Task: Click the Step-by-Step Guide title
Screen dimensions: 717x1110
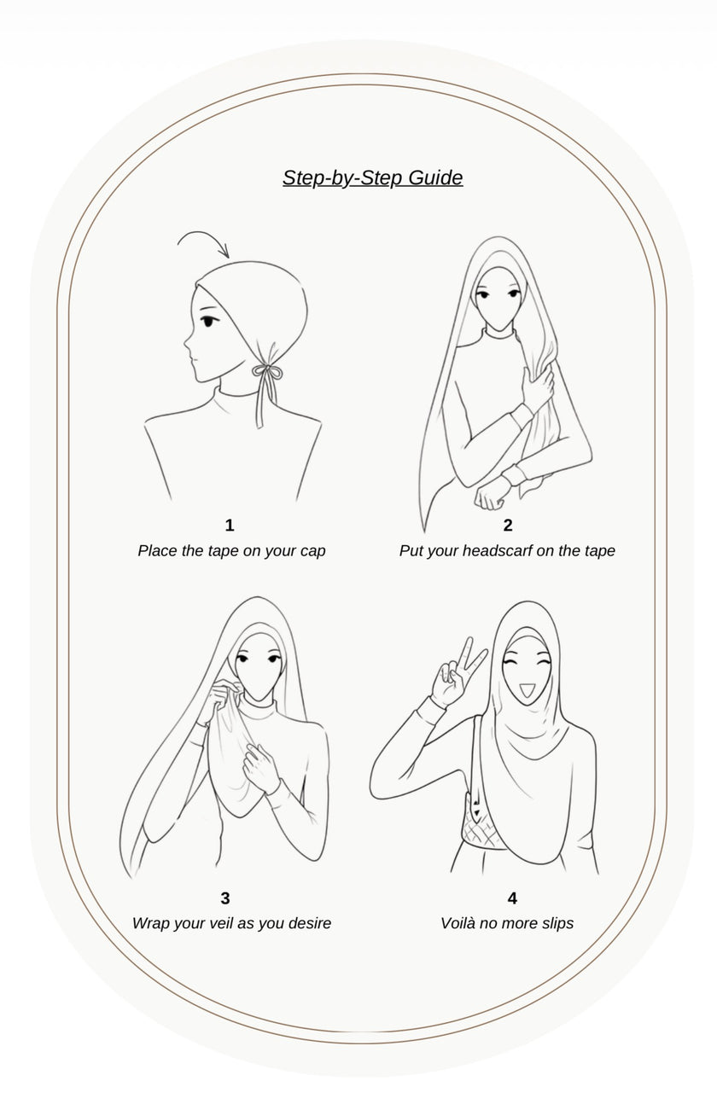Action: [x=373, y=178]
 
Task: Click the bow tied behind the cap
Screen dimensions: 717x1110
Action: [x=267, y=372]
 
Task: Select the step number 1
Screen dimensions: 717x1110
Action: [x=229, y=526]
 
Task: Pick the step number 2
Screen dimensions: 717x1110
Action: [x=508, y=526]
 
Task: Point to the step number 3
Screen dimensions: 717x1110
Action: [x=225, y=898]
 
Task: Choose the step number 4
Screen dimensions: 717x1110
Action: [x=512, y=898]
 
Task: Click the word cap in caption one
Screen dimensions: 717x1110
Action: [x=312, y=552]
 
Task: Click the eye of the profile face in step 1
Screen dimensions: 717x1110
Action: [x=208, y=321]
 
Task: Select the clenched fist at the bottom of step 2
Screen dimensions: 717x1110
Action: [x=490, y=497]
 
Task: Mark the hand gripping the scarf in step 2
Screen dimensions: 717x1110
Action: [x=538, y=392]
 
